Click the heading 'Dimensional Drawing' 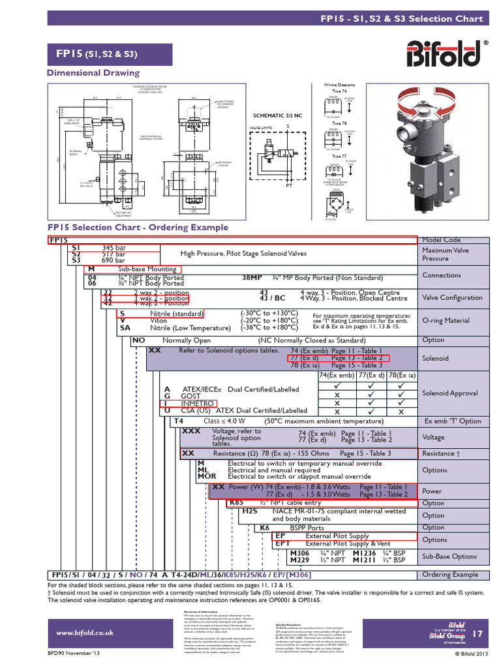[x=93, y=73]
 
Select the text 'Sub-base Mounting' [x=147, y=269]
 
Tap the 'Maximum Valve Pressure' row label [x=445, y=254]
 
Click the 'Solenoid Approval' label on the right [x=449, y=393]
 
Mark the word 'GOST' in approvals [x=190, y=396]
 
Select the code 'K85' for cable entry [x=236, y=504]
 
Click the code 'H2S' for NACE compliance [x=250, y=512]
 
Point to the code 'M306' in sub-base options [x=301, y=552]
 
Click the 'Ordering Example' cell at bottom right [x=449, y=575]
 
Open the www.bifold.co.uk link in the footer [x=85, y=632]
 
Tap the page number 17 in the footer [x=478, y=633]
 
